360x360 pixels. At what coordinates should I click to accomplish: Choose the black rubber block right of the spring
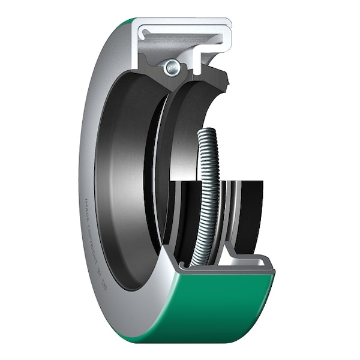(246, 210)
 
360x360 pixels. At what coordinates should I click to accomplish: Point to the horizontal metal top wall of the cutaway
(180, 24)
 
